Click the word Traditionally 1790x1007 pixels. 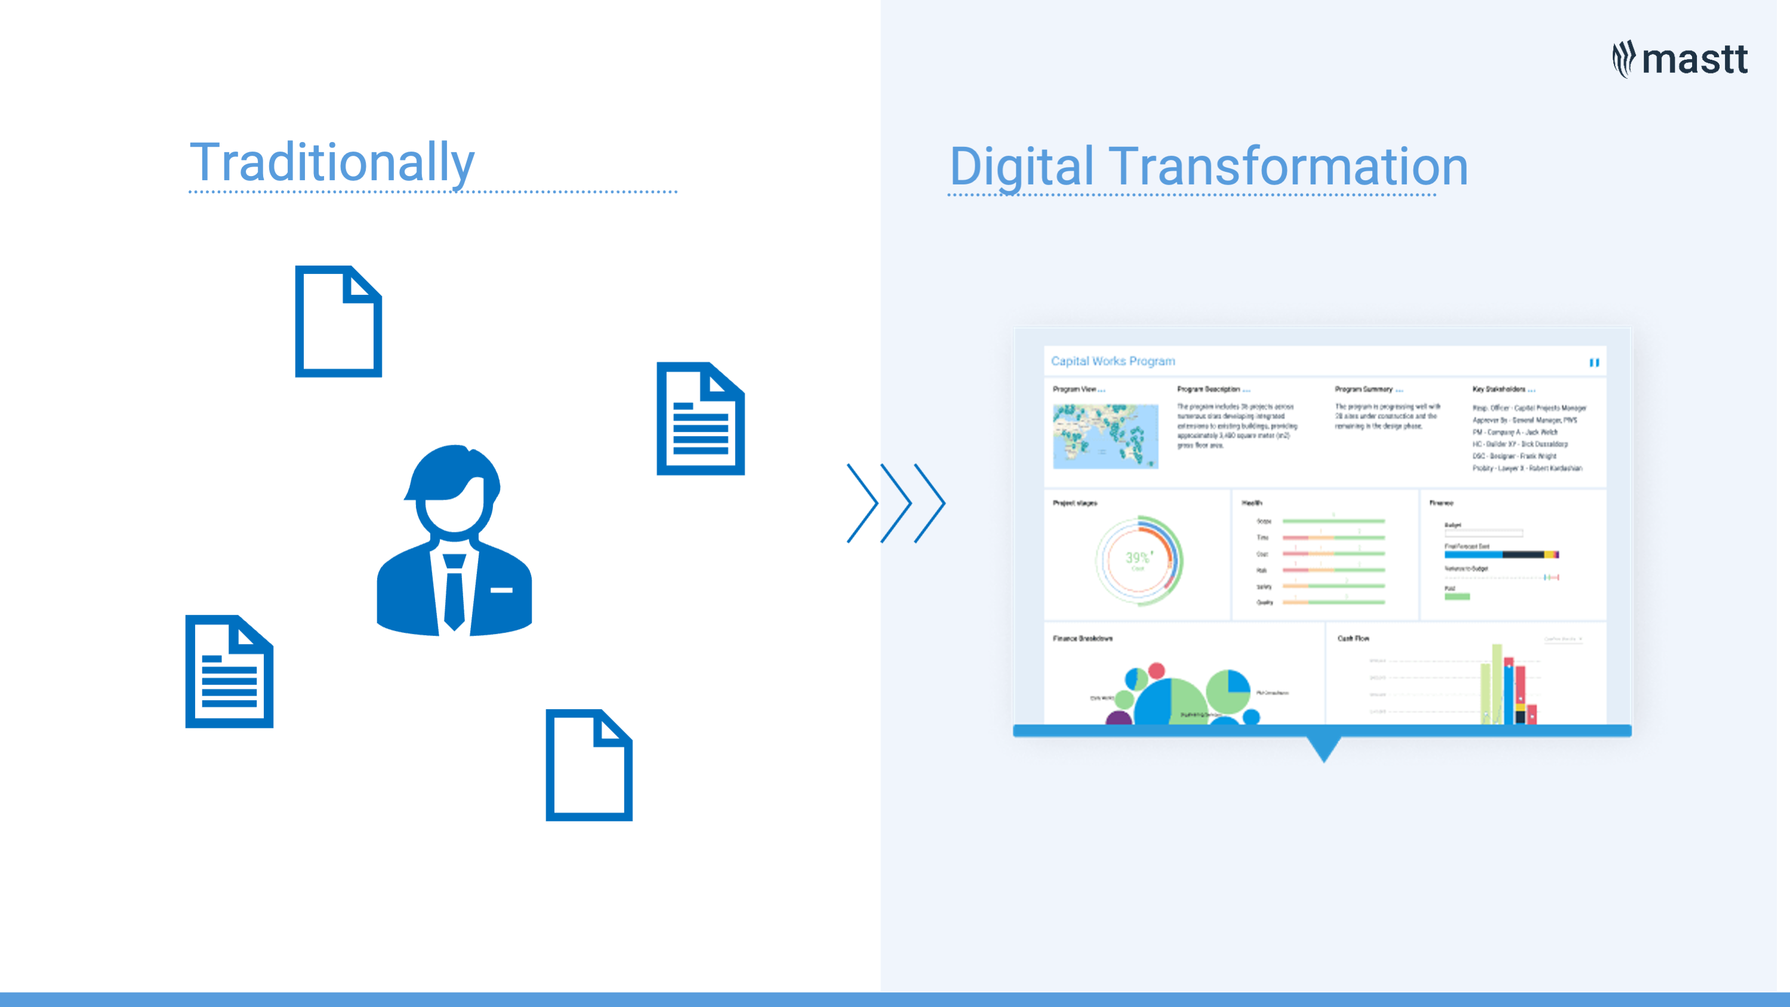tap(332, 162)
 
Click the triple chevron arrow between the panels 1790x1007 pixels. tap(896, 503)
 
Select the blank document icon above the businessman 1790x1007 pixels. tap(338, 321)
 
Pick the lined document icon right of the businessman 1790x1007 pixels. tap(701, 418)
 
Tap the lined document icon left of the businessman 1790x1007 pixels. tap(229, 672)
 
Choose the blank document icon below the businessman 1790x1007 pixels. tap(589, 765)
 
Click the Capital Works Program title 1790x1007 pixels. tap(1113, 361)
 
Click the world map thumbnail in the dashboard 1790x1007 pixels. tap(1105, 436)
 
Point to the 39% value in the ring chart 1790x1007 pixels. tap(1138, 558)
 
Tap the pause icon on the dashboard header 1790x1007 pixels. tap(1594, 362)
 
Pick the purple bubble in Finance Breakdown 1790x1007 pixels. tap(1118, 718)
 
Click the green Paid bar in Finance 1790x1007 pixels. tap(1457, 596)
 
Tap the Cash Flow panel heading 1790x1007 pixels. tap(1353, 638)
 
